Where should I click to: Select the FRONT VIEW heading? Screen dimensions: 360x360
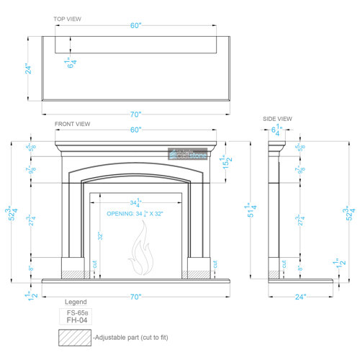pos(73,124)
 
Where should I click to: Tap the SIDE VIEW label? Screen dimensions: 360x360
pos(277,119)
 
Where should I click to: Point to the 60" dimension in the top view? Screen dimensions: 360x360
pos(135,26)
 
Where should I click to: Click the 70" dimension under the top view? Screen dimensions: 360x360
pos(135,114)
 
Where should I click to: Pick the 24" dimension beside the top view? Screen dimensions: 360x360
pos(28,68)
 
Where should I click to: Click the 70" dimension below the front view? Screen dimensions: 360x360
pos(135,296)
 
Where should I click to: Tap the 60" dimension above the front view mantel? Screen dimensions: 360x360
pos(135,130)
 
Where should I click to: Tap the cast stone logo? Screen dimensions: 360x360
pos(186,154)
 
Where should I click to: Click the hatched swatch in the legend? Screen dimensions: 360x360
pos(75,337)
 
